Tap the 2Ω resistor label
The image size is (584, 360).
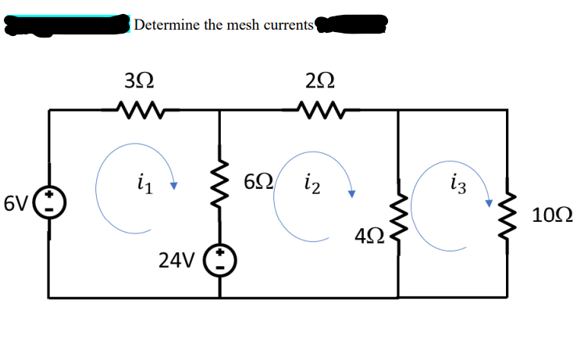click(321, 79)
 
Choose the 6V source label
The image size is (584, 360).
click(17, 204)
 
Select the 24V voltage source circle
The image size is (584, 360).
click(219, 260)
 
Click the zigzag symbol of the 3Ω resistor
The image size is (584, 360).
click(140, 110)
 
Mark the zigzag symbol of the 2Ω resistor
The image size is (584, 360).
click(321, 110)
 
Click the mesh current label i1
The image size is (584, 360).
click(143, 186)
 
